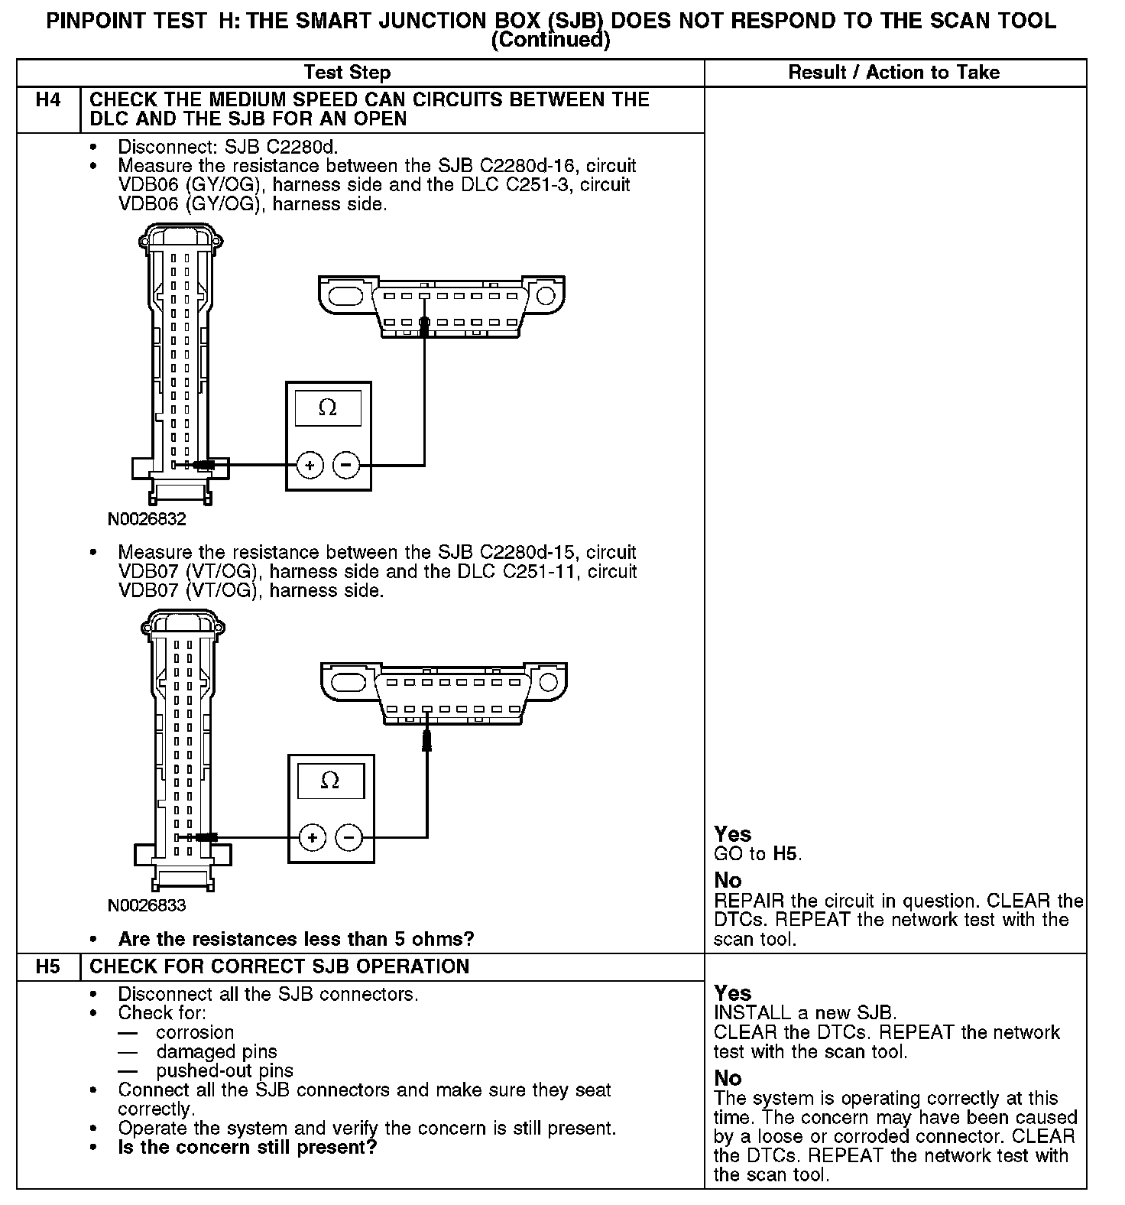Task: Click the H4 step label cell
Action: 48,100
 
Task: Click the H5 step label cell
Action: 48,966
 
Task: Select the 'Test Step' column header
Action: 347,73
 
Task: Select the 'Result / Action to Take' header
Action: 893,73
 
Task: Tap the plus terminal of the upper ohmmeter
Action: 310,465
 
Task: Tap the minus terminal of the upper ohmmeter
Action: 346,465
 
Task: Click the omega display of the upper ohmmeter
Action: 328,408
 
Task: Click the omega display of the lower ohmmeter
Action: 330,781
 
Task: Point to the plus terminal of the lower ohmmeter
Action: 312,838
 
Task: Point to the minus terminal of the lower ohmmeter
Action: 349,838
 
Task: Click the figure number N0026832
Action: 147,519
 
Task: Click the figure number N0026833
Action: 147,906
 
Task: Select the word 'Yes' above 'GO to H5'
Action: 732,834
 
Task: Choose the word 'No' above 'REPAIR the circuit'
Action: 728,880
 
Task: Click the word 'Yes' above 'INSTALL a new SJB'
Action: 732,993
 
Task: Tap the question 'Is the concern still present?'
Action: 248,1148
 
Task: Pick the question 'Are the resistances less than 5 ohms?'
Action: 297,939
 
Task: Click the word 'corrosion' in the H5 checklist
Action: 195,1032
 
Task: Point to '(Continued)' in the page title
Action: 550,41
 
